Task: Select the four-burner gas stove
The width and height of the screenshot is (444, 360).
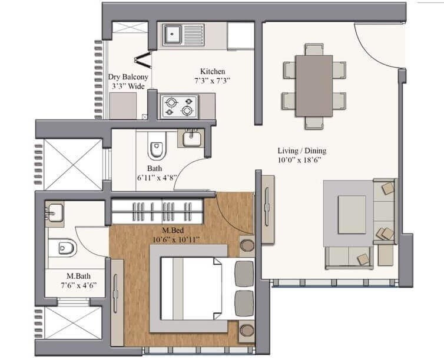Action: click(x=179, y=106)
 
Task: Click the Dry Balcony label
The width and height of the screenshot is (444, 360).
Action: click(x=128, y=76)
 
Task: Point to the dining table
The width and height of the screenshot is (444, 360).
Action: click(x=314, y=86)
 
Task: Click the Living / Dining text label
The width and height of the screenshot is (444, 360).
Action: click(x=301, y=151)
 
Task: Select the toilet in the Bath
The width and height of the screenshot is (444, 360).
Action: click(x=156, y=149)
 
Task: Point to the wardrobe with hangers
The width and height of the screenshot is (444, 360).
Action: click(x=158, y=211)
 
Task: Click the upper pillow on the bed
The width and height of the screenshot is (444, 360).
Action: click(x=243, y=274)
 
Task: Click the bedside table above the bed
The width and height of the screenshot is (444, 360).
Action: click(x=247, y=245)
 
